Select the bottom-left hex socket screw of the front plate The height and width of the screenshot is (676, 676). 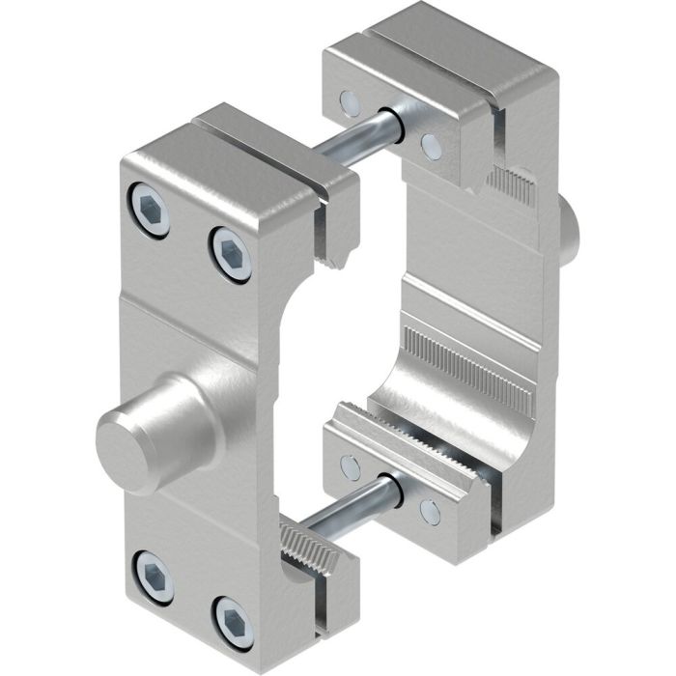tap(150, 573)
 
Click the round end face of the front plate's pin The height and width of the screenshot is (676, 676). tap(123, 447)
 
